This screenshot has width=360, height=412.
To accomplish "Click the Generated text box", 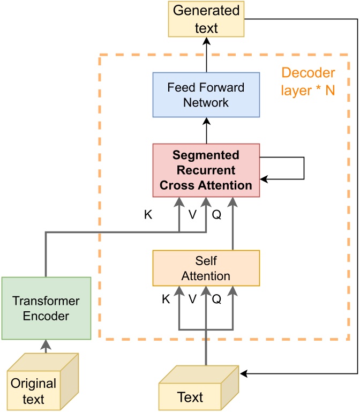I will tap(206, 19).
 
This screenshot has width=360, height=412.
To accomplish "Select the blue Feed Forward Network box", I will tap(206, 94).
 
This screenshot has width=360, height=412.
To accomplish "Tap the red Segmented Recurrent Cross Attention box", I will tap(206, 170).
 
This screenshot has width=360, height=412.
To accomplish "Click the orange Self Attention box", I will tap(206, 268).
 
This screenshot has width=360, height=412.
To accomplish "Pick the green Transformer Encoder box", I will tap(46, 308).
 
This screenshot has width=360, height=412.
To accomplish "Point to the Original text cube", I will tap(40, 383).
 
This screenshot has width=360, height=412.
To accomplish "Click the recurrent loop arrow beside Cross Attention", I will tap(303, 168).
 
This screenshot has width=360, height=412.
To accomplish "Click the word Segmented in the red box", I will tap(206, 155).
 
